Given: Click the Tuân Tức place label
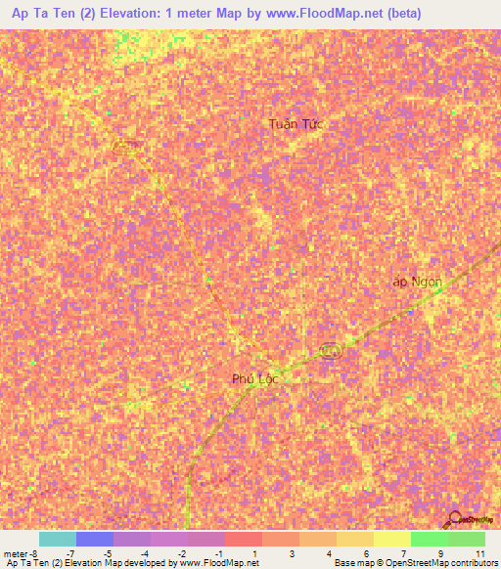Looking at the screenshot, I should pos(295,124).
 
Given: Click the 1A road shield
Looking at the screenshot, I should pos(331,350).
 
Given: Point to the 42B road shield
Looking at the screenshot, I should pos(123,146).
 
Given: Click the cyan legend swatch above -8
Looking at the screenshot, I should pos(58,539).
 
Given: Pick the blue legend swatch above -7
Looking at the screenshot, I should pos(95,539).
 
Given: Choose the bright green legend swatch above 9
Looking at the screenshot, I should pos(430,539).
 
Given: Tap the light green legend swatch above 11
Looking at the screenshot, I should pos(467,539).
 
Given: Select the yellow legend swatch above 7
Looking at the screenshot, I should pos(392,539).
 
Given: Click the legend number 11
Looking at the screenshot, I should pos(478,552).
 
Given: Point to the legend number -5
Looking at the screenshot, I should pos(107,552).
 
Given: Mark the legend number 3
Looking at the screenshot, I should pos(293,552).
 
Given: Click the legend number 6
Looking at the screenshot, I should pos(366,552).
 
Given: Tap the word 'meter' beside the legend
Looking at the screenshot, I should pos(17,552).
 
